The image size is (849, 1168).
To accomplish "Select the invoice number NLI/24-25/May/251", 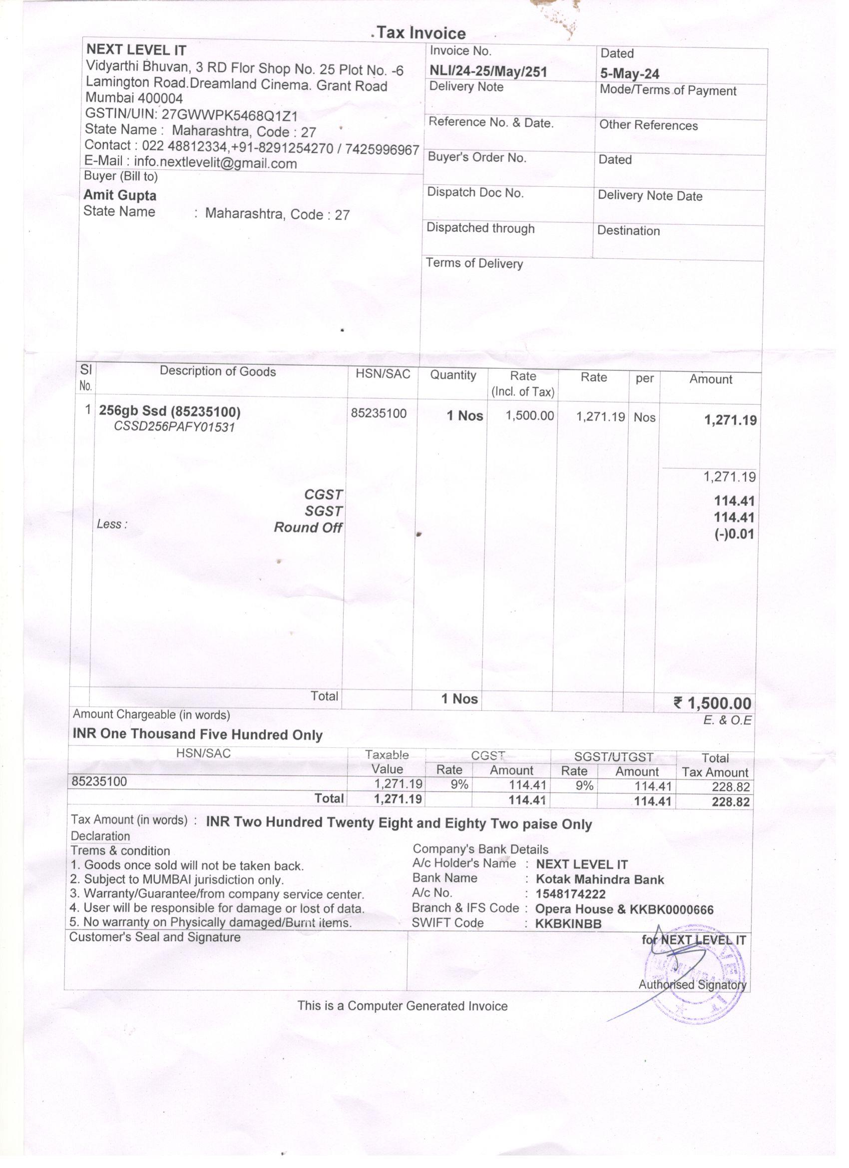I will click(x=487, y=72).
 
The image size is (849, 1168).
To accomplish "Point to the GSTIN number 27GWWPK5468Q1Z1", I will click(x=229, y=116).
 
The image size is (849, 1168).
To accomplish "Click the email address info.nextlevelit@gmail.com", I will click(x=215, y=163).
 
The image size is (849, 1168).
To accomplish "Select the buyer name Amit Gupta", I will click(x=120, y=195).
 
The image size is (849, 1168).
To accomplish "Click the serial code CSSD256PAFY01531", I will click(x=174, y=428).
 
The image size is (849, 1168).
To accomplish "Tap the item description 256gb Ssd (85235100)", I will click(x=170, y=412).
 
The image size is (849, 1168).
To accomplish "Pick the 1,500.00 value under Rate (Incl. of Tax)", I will click(x=530, y=416).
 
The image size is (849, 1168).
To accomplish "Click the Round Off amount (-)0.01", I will click(x=734, y=534).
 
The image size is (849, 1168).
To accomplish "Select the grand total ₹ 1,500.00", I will click(x=712, y=703).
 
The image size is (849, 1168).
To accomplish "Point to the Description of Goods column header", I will click(x=218, y=371).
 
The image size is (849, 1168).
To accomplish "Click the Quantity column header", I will click(x=453, y=375).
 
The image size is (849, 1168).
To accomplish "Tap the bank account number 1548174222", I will click(x=570, y=894).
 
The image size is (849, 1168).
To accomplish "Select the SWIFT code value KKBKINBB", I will click(x=568, y=924).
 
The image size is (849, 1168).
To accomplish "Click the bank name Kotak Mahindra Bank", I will click(x=600, y=880).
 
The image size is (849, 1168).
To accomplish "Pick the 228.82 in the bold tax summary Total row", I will click(x=731, y=802).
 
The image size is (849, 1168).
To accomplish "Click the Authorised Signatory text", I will click(x=692, y=985).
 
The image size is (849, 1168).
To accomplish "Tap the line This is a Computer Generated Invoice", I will click(x=402, y=1006).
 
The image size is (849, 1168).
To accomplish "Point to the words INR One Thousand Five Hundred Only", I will click(x=198, y=734).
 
